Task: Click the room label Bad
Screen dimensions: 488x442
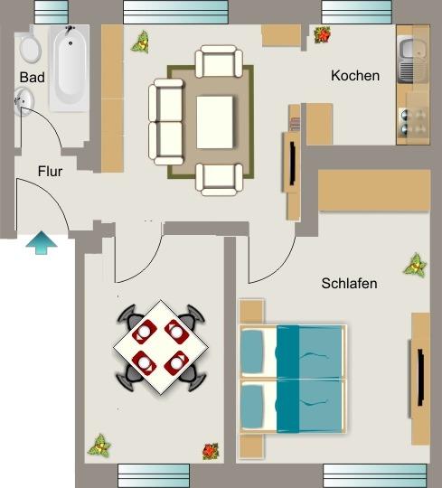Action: pos(32,78)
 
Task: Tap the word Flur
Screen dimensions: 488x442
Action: pos(50,171)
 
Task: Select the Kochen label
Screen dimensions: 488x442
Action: pos(355,76)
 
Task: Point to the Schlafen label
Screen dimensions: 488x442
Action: pos(349,283)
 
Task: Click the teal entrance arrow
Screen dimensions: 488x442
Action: pos(39,243)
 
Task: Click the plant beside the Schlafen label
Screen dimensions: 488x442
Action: pos(415,265)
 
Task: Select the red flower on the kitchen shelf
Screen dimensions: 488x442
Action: pos(322,35)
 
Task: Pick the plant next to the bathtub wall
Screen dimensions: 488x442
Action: pos(140,42)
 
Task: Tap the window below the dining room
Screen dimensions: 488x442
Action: pos(154,474)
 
